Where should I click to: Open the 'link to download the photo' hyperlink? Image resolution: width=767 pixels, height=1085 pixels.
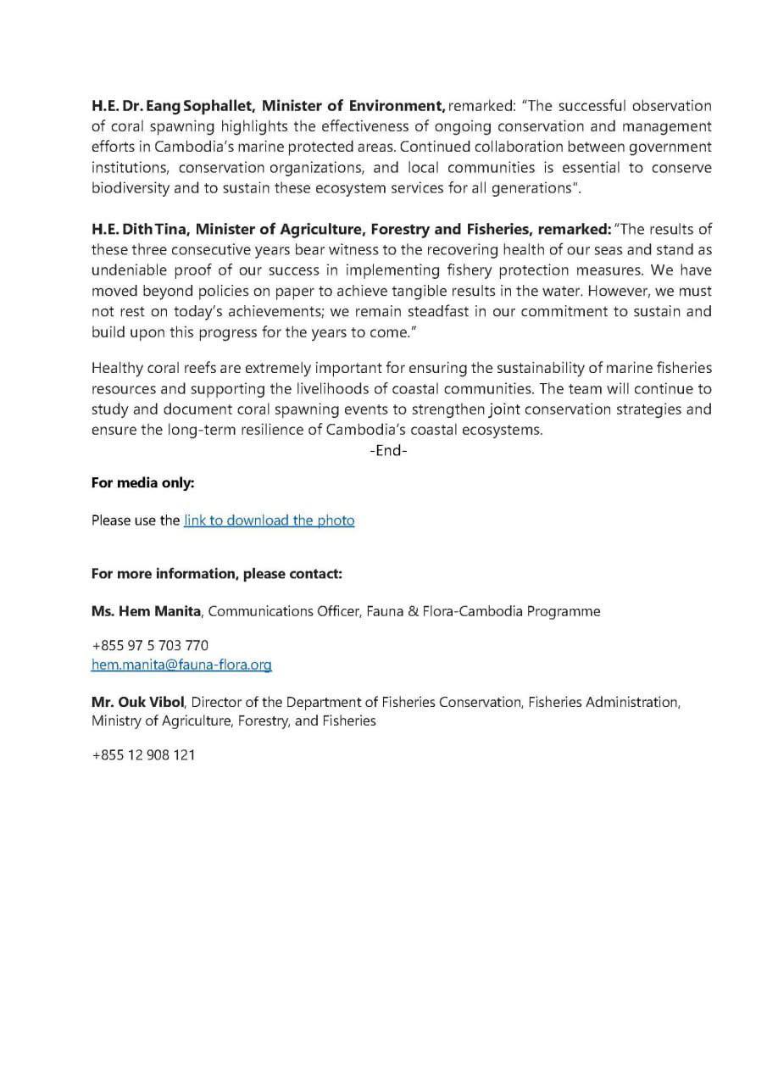[x=269, y=520]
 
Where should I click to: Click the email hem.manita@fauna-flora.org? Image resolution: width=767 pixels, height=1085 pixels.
[x=181, y=665]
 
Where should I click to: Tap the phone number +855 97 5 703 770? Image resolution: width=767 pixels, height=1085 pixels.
[x=150, y=645]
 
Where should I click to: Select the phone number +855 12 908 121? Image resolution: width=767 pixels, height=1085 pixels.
[x=143, y=754]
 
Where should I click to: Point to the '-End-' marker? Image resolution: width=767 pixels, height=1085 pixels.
[x=388, y=451]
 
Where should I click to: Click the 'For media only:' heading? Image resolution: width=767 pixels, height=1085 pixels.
[x=142, y=483]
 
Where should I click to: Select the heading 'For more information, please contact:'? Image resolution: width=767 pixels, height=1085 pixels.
[x=216, y=574]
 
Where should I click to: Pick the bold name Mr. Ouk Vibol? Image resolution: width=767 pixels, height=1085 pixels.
[x=137, y=703]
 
